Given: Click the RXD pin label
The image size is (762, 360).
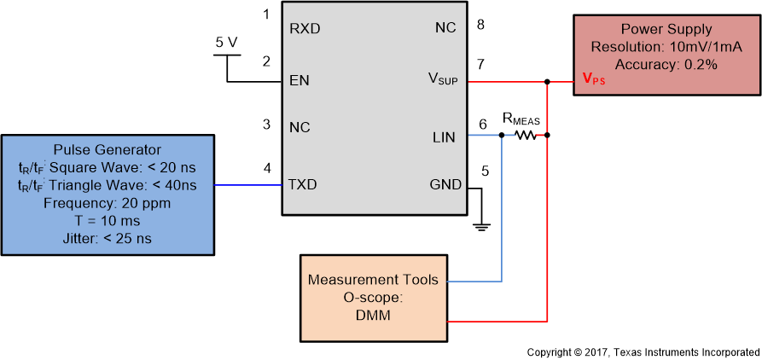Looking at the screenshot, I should [305, 27].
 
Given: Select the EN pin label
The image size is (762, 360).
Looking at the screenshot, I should [300, 81].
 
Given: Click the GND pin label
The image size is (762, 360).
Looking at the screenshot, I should [445, 184].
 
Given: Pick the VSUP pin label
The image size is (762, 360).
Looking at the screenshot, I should [442, 79].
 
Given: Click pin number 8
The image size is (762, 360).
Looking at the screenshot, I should [480, 24].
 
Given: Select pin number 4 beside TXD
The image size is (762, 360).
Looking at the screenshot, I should [267, 168].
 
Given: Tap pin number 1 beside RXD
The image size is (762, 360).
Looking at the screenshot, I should [266, 14].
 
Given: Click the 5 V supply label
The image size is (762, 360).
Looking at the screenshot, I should [227, 41].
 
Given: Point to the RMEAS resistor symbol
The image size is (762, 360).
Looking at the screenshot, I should [526, 135].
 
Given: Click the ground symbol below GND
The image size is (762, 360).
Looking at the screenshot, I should [481, 226].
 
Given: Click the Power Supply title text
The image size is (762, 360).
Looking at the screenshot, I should [666, 29].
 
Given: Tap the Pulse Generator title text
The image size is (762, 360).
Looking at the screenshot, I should [107, 149].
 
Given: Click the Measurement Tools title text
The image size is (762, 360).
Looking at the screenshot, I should [373, 280].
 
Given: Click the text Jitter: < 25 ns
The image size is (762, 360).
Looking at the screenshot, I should [107, 239].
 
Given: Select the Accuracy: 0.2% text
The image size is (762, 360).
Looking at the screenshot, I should [666, 64].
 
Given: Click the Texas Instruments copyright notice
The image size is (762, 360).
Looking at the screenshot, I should [642, 351].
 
